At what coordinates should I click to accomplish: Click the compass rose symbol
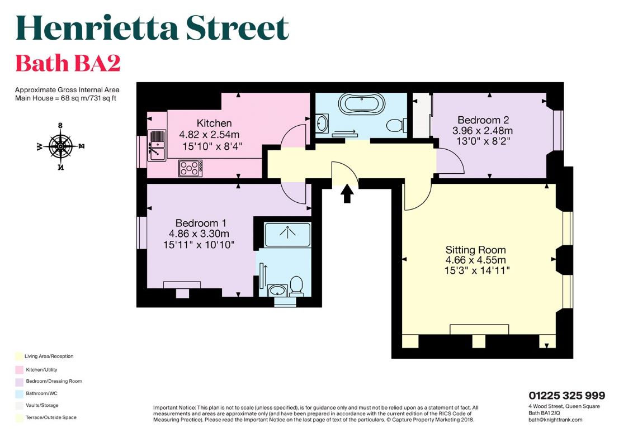tap(60, 146)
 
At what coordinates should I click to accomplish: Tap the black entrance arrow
tap(347, 194)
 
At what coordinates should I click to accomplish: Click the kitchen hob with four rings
tap(191, 168)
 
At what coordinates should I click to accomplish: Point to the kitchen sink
tap(157, 145)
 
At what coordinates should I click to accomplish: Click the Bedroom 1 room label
tap(201, 223)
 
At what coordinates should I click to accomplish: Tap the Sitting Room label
tap(475, 250)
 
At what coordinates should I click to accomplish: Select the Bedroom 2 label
tap(483, 120)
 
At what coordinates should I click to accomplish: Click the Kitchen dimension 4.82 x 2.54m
tap(209, 134)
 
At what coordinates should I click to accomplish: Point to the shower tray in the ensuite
tap(287, 234)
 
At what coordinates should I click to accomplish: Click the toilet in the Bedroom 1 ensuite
tap(297, 284)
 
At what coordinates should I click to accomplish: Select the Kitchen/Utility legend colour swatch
tap(19, 370)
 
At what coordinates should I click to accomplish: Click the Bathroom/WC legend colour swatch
tap(19, 394)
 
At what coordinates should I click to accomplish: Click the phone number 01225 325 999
tap(567, 396)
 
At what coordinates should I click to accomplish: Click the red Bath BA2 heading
tap(68, 63)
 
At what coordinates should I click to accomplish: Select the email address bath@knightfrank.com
tap(555, 420)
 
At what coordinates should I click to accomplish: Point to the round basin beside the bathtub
tap(322, 123)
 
